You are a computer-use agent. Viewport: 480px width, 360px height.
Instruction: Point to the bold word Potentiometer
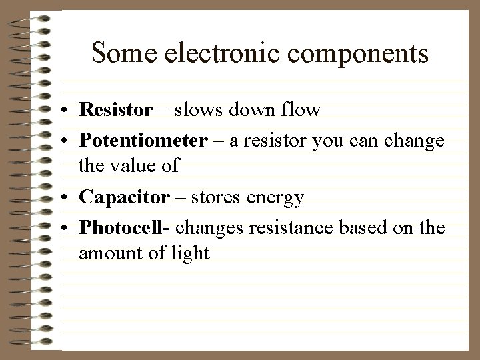(143, 142)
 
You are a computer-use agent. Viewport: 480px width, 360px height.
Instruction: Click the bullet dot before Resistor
(68, 109)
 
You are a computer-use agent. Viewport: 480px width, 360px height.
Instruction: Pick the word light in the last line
(191, 253)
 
